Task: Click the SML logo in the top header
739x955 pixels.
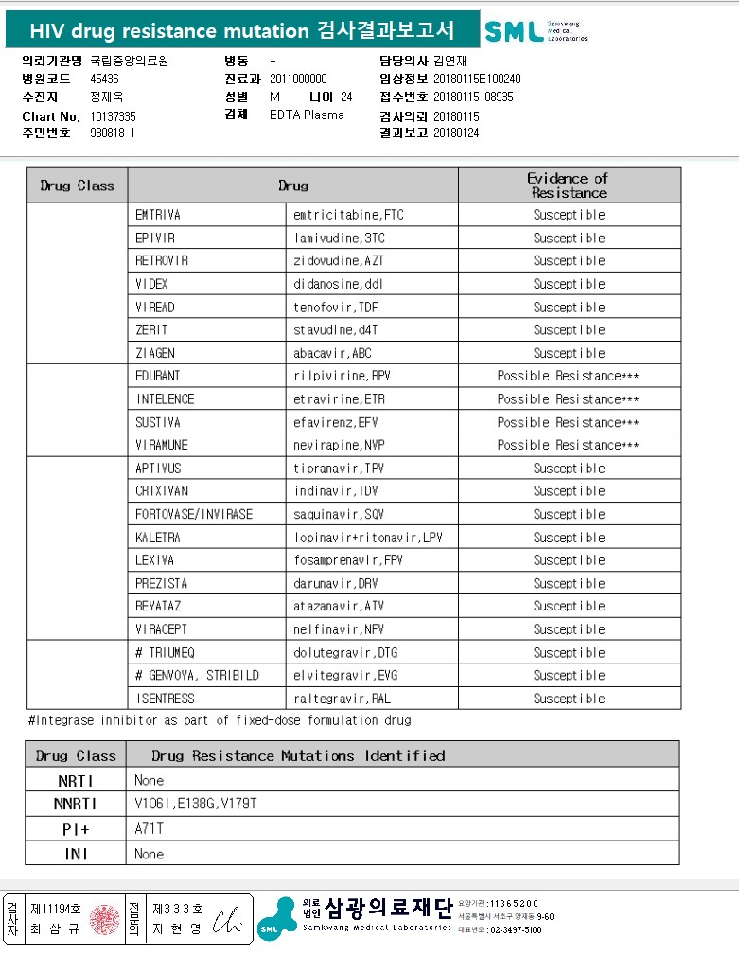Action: point(536,31)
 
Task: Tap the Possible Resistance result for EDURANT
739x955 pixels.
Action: point(568,377)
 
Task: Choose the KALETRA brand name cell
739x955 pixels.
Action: point(157,538)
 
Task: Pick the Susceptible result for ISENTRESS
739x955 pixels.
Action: point(569,699)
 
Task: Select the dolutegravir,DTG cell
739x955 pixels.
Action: point(345,653)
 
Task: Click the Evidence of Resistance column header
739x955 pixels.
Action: point(568,186)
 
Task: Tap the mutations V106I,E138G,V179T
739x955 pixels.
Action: point(196,805)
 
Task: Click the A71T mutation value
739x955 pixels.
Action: point(150,829)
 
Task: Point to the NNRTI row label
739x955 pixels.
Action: point(76,805)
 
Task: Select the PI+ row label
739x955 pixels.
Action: point(76,829)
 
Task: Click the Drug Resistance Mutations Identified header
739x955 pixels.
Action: point(298,755)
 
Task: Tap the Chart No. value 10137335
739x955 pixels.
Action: point(113,116)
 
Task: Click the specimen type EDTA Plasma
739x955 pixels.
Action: point(307,115)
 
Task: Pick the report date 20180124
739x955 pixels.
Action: point(456,133)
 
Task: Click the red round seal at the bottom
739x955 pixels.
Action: point(104,918)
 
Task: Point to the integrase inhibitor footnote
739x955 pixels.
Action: point(220,720)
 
